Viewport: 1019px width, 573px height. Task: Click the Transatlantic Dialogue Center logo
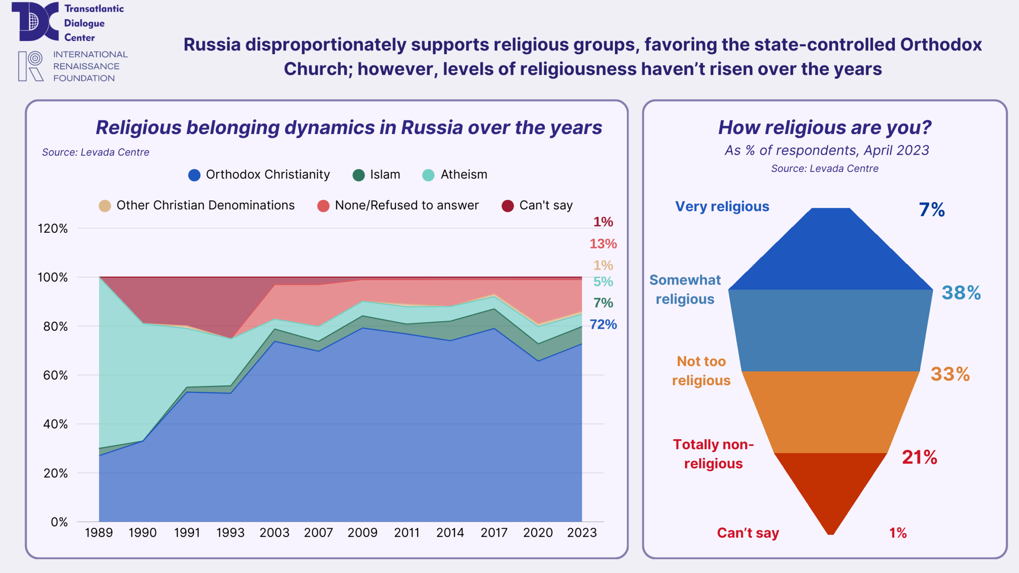pyautogui.click(x=35, y=21)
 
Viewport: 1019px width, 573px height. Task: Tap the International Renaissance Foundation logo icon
pyautogui.click(x=31, y=66)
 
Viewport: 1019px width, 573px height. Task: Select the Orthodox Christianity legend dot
pyautogui.click(x=194, y=175)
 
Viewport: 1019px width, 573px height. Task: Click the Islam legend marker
pyautogui.click(x=359, y=175)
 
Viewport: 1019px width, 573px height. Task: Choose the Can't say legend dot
pyautogui.click(x=508, y=206)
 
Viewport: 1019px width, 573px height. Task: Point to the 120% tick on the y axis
pyautogui.click(x=53, y=229)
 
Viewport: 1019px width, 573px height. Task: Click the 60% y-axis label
pyautogui.click(x=55, y=375)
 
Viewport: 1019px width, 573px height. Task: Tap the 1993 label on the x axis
pyautogui.click(x=230, y=532)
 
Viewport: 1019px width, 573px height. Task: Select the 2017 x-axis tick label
pyautogui.click(x=494, y=532)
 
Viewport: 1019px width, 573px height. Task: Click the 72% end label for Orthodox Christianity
pyautogui.click(x=603, y=325)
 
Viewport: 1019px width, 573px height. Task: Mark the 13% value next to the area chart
pyautogui.click(x=603, y=244)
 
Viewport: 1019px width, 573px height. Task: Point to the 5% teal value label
pyautogui.click(x=603, y=282)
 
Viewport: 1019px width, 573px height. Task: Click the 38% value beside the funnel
pyautogui.click(x=961, y=293)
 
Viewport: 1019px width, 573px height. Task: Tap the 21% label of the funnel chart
pyautogui.click(x=919, y=457)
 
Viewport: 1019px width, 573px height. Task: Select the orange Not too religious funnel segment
pyautogui.click(x=831, y=412)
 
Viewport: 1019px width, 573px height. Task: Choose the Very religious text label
pyautogui.click(x=722, y=207)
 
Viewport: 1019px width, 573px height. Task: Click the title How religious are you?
pyautogui.click(x=824, y=128)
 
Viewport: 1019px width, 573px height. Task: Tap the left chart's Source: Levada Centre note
pyautogui.click(x=96, y=152)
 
